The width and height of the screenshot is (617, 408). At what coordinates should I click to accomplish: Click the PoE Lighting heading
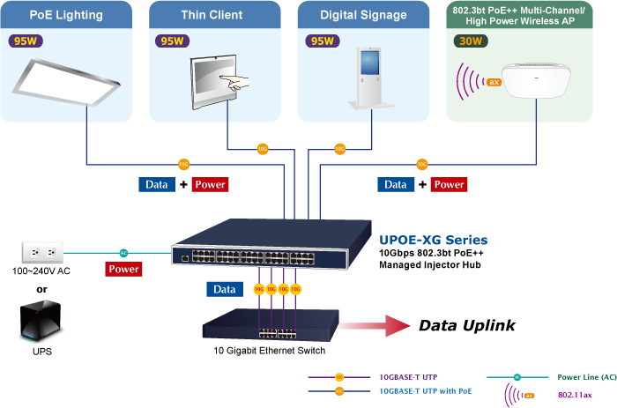tap(66, 15)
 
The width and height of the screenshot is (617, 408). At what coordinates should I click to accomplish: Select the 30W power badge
tap(469, 41)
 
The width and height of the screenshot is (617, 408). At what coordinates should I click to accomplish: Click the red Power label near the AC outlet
tap(123, 270)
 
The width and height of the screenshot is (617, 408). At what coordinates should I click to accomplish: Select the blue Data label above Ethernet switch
tap(225, 289)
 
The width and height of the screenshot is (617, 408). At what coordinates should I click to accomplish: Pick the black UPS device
tap(41, 323)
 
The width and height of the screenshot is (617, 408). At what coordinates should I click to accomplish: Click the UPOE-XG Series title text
tap(433, 240)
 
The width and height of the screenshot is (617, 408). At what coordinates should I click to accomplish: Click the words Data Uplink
tap(466, 326)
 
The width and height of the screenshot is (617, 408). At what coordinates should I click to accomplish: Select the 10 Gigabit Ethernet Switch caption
tap(271, 351)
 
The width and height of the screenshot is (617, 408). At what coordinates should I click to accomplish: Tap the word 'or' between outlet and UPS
tap(41, 289)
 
